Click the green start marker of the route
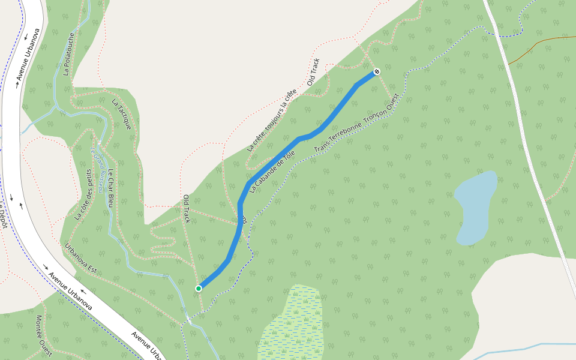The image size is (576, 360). click(x=199, y=289)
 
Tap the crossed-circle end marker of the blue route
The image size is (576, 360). click(x=377, y=71)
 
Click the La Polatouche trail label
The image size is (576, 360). click(x=68, y=54)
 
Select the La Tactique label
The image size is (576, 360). click(x=121, y=114)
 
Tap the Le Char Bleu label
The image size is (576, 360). click(x=111, y=193)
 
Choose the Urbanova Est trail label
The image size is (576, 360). click(x=80, y=258)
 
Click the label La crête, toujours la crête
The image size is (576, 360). click(x=271, y=120)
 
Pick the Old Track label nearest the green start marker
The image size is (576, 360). click(x=186, y=208)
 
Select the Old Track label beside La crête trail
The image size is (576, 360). click(x=313, y=72)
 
